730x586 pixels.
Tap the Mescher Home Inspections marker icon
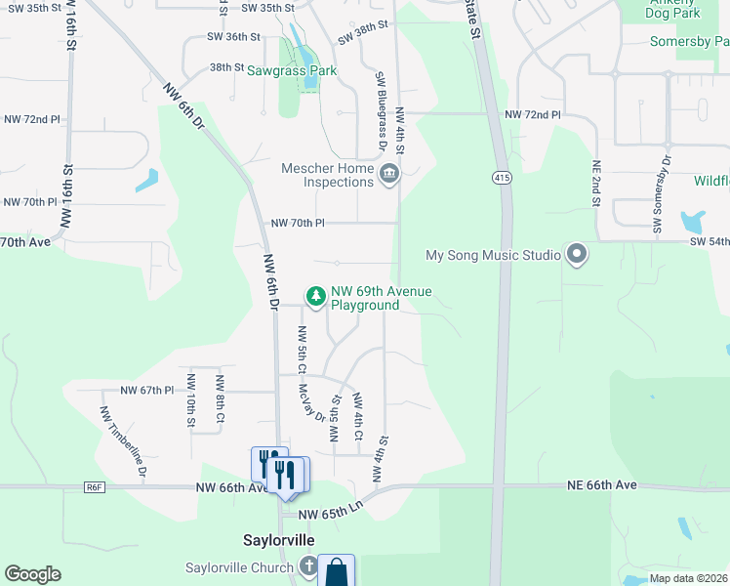coord(389,175)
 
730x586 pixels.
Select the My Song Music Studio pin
coord(576,255)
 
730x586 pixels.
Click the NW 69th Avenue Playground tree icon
coord(315,294)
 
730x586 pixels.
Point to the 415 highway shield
coord(502,178)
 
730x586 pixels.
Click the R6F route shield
coord(94,487)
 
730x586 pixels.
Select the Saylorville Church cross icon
coord(308,567)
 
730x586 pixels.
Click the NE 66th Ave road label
coord(602,485)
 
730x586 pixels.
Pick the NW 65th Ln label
coord(330,514)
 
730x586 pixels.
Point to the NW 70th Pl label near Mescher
coord(298,223)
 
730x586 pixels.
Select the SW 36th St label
coord(233,36)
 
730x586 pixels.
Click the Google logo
coord(32,574)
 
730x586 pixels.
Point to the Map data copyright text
coord(688,578)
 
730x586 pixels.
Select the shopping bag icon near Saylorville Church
coord(336,571)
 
